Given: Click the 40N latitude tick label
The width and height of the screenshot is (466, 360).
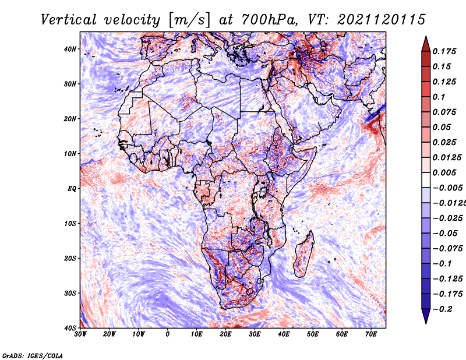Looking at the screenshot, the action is point(70,49).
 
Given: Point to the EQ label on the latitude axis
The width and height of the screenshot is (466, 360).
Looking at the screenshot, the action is point(72,189).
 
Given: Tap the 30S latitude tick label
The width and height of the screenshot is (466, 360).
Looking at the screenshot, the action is point(70,293).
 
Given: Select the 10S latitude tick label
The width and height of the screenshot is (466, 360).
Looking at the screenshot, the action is point(70,224).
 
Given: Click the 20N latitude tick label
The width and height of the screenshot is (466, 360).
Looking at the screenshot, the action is point(70,119).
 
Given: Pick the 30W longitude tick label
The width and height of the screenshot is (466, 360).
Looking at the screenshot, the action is point(80,334).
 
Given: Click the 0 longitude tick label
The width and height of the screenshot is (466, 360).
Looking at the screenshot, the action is point(168,334).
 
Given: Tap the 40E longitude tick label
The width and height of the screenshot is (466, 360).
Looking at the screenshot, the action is point(284,334).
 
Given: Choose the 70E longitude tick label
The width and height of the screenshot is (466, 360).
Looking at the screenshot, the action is point(370,334).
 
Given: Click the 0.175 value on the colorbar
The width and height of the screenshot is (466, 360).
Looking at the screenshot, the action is point(444,51).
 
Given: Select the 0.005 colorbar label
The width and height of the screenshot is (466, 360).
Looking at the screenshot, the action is point(444,172).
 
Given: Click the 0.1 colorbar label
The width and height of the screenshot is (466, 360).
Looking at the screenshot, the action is point(439,97).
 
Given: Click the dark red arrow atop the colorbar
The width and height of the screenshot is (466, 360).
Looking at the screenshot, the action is point(426,44).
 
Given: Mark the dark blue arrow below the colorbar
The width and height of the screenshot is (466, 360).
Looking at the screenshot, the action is point(426,316).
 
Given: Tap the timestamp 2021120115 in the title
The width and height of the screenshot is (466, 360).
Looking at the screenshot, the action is point(382,20).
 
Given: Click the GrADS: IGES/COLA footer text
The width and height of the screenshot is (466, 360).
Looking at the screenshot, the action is point(33,356).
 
